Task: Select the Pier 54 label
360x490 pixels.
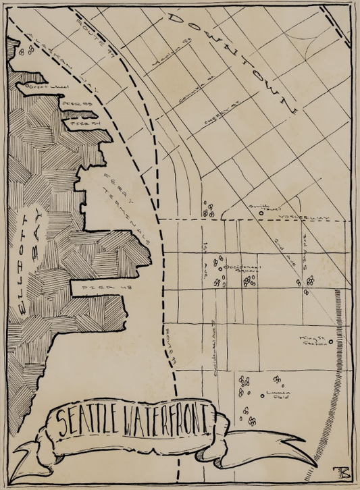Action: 84,124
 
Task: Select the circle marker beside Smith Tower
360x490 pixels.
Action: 261,214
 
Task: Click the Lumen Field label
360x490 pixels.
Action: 278,394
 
